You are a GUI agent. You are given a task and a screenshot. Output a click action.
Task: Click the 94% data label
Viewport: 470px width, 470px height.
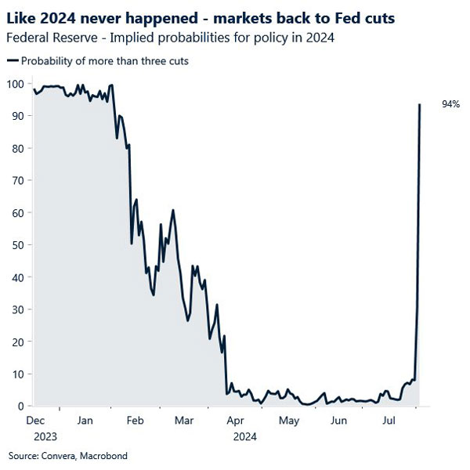click(450, 104)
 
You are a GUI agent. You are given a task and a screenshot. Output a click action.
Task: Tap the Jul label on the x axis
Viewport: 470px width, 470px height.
click(389, 421)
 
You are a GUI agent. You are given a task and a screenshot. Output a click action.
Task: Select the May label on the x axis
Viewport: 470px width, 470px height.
click(289, 421)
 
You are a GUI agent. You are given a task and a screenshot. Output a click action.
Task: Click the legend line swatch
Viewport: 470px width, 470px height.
click(13, 61)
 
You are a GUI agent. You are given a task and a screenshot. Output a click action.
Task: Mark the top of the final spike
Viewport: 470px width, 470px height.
click(421, 104)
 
